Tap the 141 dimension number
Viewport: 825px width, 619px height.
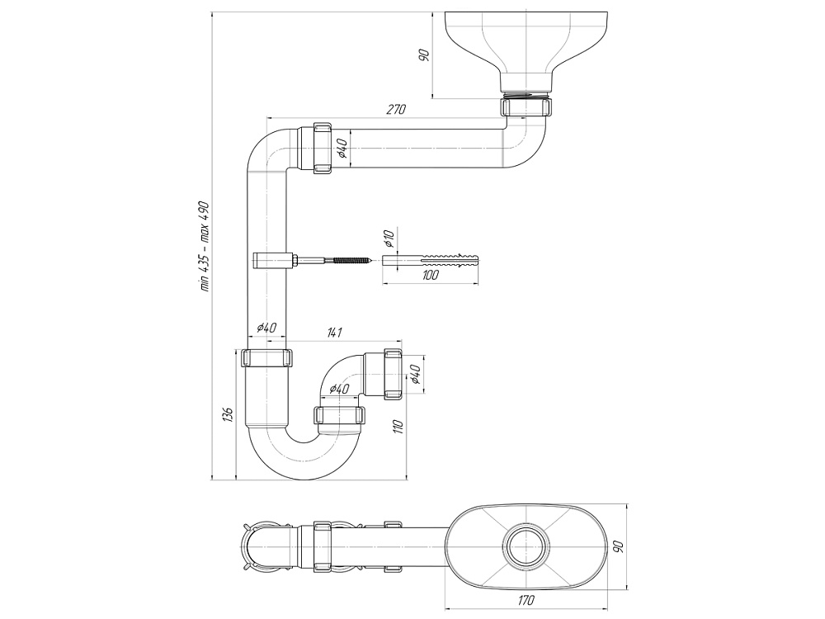pyautogui.click(x=334, y=333)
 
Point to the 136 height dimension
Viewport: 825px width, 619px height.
pyautogui.click(x=229, y=412)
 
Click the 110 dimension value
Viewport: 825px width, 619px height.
pyautogui.click(x=397, y=427)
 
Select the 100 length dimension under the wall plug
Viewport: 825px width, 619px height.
pyautogui.click(x=430, y=275)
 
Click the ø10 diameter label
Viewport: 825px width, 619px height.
pyautogui.click(x=389, y=240)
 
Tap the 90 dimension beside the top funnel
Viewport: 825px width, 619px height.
pyautogui.click(x=423, y=55)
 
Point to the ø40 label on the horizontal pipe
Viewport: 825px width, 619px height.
pyautogui.click(x=342, y=149)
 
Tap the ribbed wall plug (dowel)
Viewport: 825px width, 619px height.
pyautogui.click(x=432, y=261)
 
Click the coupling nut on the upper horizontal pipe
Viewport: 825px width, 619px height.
pyautogui.click(x=323, y=149)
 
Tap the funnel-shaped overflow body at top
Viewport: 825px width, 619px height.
pyautogui.click(x=528, y=45)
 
